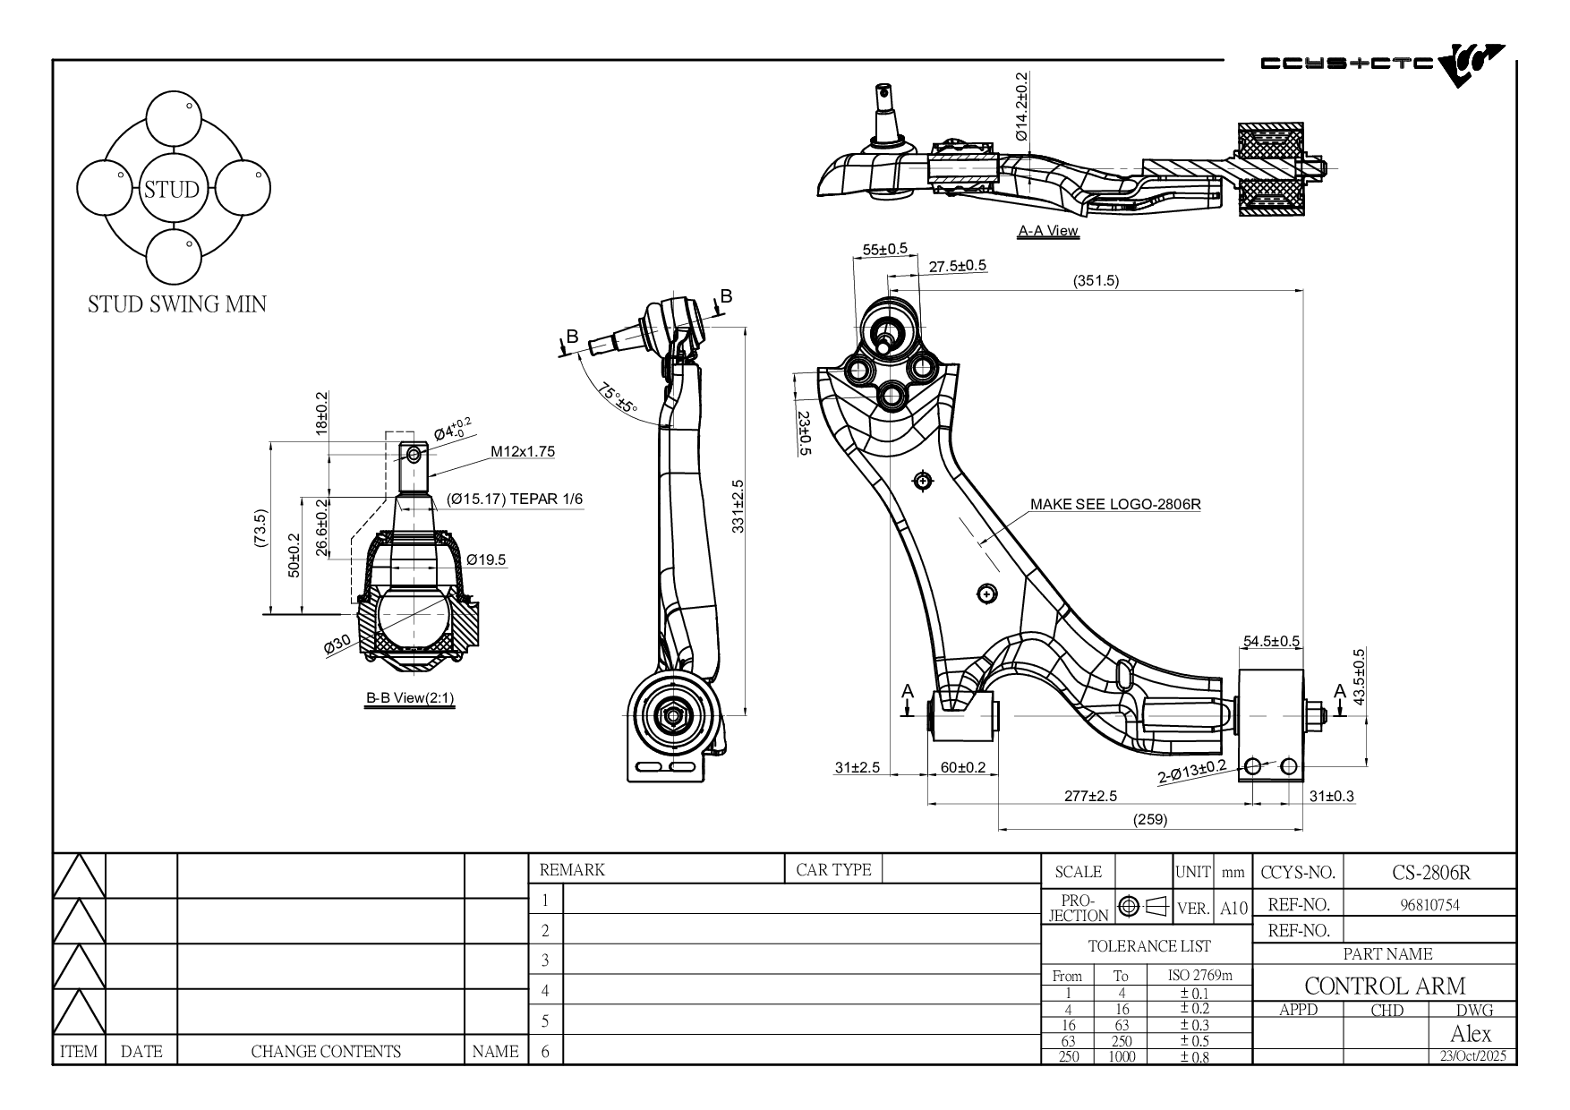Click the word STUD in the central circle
(172, 190)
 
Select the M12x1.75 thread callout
(523, 451)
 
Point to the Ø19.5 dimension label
(486, 560)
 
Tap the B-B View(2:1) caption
(410, 698)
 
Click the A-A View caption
(1048, 231)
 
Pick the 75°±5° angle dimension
(619, 399)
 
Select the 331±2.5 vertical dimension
(738, 507)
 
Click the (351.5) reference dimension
(1096, 281)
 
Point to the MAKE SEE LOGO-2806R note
(1115, 504)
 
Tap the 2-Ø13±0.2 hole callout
(1192, 772)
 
